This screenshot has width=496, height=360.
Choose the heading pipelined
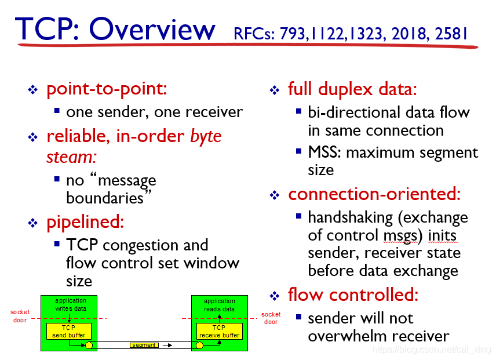coord(85,222)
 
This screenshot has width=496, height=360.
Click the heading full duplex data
coord(352,89)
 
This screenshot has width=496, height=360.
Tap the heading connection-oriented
coord(374,194)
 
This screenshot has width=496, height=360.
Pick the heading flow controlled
coord(353,295)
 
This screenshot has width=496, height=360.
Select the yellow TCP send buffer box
coord(69,331)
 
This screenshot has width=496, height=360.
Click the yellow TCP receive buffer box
coord(220,332)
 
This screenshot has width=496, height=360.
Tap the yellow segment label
coord(143,345)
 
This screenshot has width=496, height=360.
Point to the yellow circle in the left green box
coord(89,346)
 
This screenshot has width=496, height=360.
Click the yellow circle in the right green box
coord(199,346)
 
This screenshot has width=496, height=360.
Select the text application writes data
coord(70,304)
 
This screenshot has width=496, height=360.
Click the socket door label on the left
coord(20,316)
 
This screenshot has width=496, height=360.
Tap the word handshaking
coord(350,217)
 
